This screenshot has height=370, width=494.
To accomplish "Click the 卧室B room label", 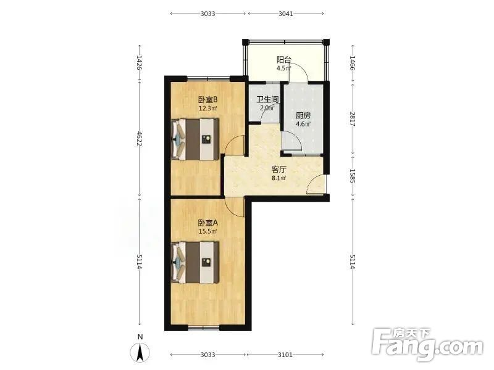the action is click(208, 100).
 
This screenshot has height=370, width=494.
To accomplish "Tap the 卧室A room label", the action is click(208, 223).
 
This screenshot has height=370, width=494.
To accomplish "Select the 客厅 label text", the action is click(279, 170).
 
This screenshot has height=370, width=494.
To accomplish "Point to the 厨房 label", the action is click(303, 116).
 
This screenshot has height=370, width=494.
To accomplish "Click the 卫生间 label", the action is click(268, 100).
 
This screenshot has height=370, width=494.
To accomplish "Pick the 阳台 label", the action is click(284, 59).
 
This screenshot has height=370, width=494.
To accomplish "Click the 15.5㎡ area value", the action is click(207, 232).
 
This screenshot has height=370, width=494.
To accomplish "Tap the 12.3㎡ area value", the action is click(207, 109).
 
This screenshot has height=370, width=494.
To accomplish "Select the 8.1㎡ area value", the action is click(279, 178).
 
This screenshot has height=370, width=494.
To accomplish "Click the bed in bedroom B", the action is click(195, 139).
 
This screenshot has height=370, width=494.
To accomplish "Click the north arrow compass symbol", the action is click(140, 352).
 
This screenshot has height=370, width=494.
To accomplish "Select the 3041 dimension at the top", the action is click(286, 14).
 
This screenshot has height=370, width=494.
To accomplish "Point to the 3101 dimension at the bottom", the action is click(285, 355).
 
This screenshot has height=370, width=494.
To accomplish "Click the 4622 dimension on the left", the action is click(140, 139).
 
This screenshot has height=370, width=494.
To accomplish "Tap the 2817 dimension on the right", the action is click(353, 119).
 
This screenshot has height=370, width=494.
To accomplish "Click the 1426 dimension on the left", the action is click(140, 64).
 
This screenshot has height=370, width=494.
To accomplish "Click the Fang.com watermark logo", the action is click(427, 345).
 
